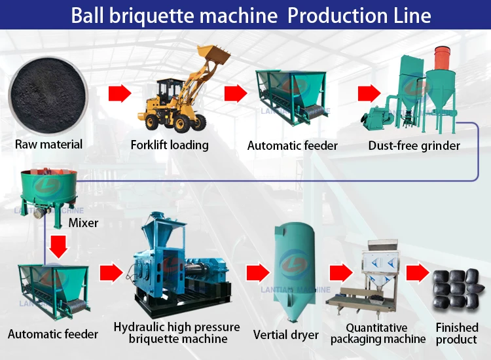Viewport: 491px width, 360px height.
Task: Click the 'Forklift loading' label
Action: coord(170,144)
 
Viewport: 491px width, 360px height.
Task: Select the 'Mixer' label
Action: coord(83,223)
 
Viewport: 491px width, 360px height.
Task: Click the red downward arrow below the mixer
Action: coord(58,247)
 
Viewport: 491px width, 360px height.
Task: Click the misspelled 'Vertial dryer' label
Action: coord(286,335)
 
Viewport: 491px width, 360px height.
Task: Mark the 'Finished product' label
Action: coord(457,333)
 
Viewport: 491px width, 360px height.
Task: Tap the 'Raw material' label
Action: coord(48,144)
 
